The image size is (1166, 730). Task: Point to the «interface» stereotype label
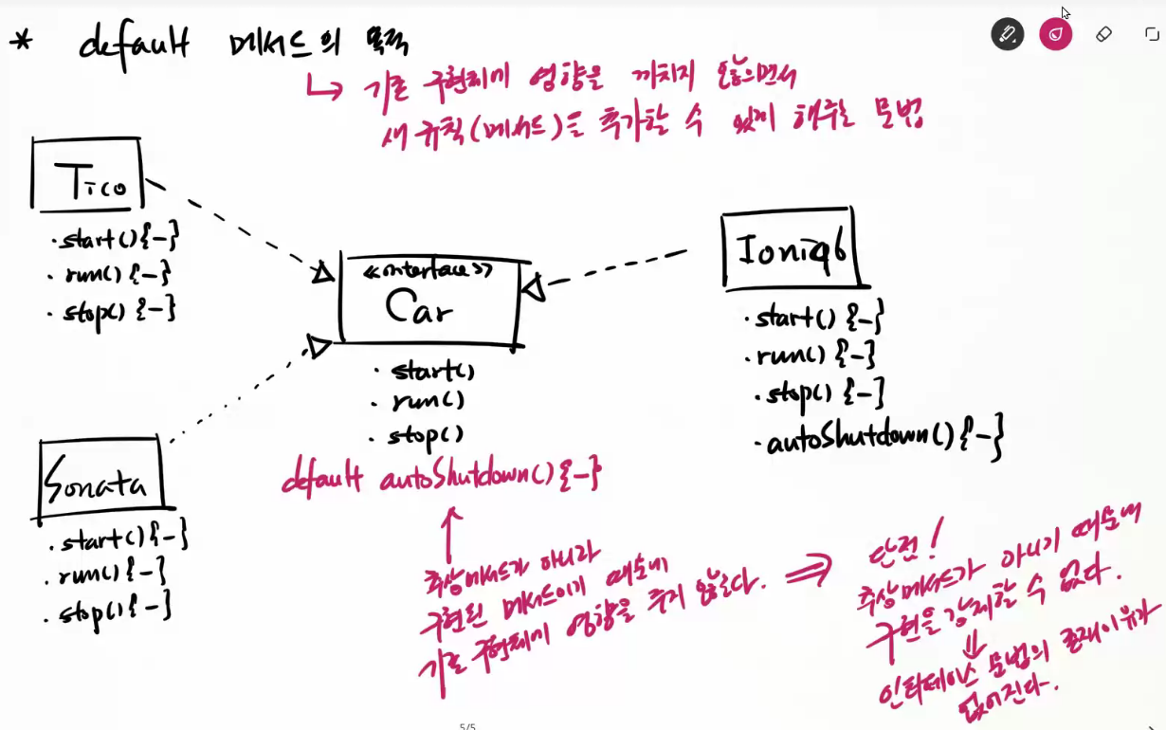tap(428, 271)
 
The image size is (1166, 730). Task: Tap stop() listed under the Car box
tap(424, 436)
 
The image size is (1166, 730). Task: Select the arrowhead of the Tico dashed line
tap(322, 273)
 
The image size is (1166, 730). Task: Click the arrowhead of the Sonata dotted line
tap(319, 346)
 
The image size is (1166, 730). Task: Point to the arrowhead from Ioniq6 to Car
tap(534, 286)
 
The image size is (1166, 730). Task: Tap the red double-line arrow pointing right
tap(808, 571)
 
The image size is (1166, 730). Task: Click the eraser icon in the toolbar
tap(1103, 34)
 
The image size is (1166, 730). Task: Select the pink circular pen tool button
tap(1055, 34)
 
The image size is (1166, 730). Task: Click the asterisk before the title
tap(20, 42)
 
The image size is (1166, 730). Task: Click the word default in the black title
tap(135, 42)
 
